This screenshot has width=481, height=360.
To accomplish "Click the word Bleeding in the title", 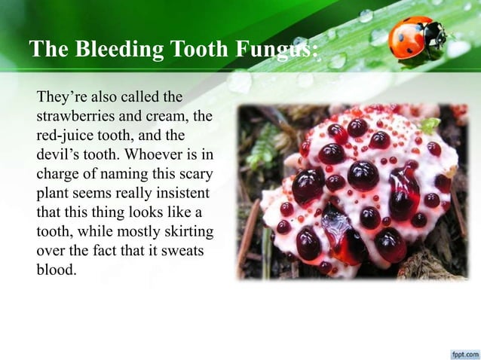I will [112, 50].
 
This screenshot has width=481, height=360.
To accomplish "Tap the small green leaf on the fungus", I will [429, 125].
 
